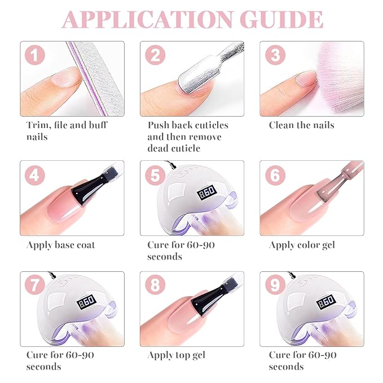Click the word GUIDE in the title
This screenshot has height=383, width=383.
click(281, 20)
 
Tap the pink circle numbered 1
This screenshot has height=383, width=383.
click(35, 55)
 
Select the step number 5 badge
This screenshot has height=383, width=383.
click(155, 175)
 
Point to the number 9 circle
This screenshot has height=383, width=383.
click(275, 285)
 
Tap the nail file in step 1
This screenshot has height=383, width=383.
click(98, 78)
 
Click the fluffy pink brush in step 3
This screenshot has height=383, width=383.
click(340, 78)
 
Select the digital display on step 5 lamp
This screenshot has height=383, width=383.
click(207, 192)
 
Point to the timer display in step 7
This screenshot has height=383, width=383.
click(86, 302)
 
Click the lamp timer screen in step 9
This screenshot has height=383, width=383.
click(326, 302)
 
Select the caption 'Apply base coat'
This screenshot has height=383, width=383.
click(60, 245)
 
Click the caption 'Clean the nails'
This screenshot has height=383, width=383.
click(302, 125)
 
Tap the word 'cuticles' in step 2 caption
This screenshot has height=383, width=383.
click(208, 125)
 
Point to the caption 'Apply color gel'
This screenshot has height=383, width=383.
click(302, 245)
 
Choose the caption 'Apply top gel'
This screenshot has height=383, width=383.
click(177, 355)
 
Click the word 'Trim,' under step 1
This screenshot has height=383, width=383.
click(39, 125)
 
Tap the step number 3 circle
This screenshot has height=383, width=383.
click(275, 55)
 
